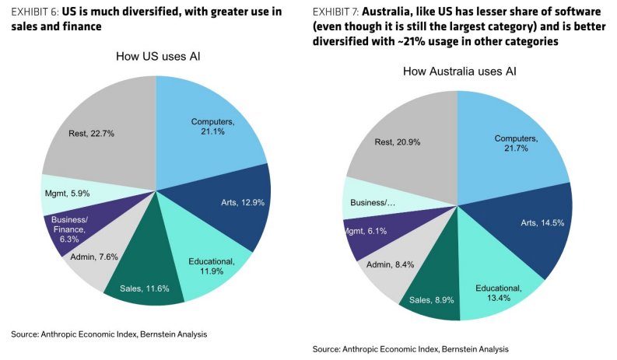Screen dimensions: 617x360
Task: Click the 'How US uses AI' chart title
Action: point(158,56)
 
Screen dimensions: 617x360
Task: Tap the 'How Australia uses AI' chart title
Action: point(460,72)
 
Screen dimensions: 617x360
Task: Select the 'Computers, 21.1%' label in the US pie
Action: point(213,127)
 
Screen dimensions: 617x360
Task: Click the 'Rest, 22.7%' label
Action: point(91,134)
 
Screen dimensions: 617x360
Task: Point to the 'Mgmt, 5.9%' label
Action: point(67,193)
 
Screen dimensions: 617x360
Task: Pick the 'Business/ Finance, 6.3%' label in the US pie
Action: point(69,229)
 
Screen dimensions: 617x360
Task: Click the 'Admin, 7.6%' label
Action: point(94,257)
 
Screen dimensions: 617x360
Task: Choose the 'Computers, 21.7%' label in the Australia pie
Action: point(517,143)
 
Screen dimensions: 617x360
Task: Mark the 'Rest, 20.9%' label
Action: point(398,142)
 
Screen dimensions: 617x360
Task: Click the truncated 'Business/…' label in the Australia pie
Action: point(373,203)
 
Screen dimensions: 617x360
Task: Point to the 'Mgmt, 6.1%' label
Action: point(365,231)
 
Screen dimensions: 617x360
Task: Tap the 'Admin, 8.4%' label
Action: point(391,264)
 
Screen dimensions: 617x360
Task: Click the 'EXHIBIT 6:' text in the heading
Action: point(35,12)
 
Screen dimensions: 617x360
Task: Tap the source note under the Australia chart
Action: point(410,349)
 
